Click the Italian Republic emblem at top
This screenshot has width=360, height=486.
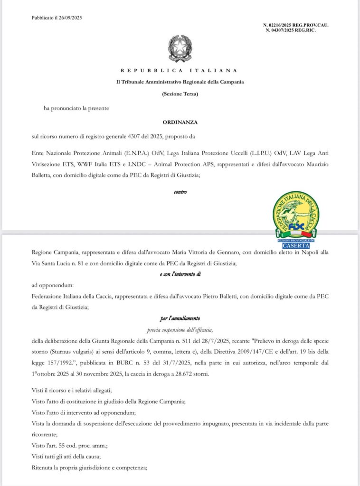click(180, 48)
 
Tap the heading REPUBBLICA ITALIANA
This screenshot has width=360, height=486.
click(180, 70)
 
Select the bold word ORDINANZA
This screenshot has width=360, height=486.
click(180, 122)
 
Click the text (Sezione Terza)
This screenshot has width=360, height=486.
click(180, 94)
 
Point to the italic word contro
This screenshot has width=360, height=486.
click(180, 192)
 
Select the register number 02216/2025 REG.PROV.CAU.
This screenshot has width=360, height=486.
click(295, 25)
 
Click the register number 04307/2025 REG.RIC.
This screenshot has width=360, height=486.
click(291, 30)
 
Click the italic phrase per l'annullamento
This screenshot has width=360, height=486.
click(180, 319)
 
